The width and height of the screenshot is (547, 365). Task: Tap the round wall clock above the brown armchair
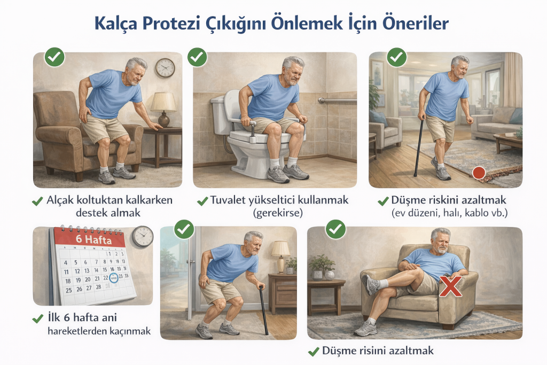(x=165, y=68)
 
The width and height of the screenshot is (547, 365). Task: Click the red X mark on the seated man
(x=450, y=286)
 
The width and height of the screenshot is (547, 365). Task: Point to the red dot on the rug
(x=479, y=173)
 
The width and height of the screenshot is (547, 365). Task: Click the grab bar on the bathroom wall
(x=337, y=100)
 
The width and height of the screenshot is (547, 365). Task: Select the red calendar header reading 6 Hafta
(x=92, y=239)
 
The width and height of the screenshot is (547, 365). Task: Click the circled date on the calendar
(x=113, y=277)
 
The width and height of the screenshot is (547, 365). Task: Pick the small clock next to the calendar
(x=143, y=236)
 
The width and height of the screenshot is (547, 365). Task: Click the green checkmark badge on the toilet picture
(x=198, y=57)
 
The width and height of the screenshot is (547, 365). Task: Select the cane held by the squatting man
(x=263, y=310)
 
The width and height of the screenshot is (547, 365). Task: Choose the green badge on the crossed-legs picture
(x=335, y=230)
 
